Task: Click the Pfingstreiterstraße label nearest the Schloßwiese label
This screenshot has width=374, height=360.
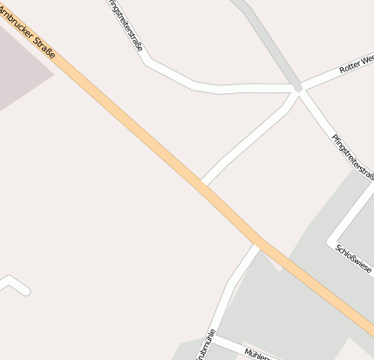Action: coord(352,158)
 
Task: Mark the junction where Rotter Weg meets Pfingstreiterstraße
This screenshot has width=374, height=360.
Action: coord(299,89)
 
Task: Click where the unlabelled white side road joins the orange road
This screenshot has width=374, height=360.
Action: coord(201,184)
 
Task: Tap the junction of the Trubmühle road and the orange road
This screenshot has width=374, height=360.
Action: coord(258,243)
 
